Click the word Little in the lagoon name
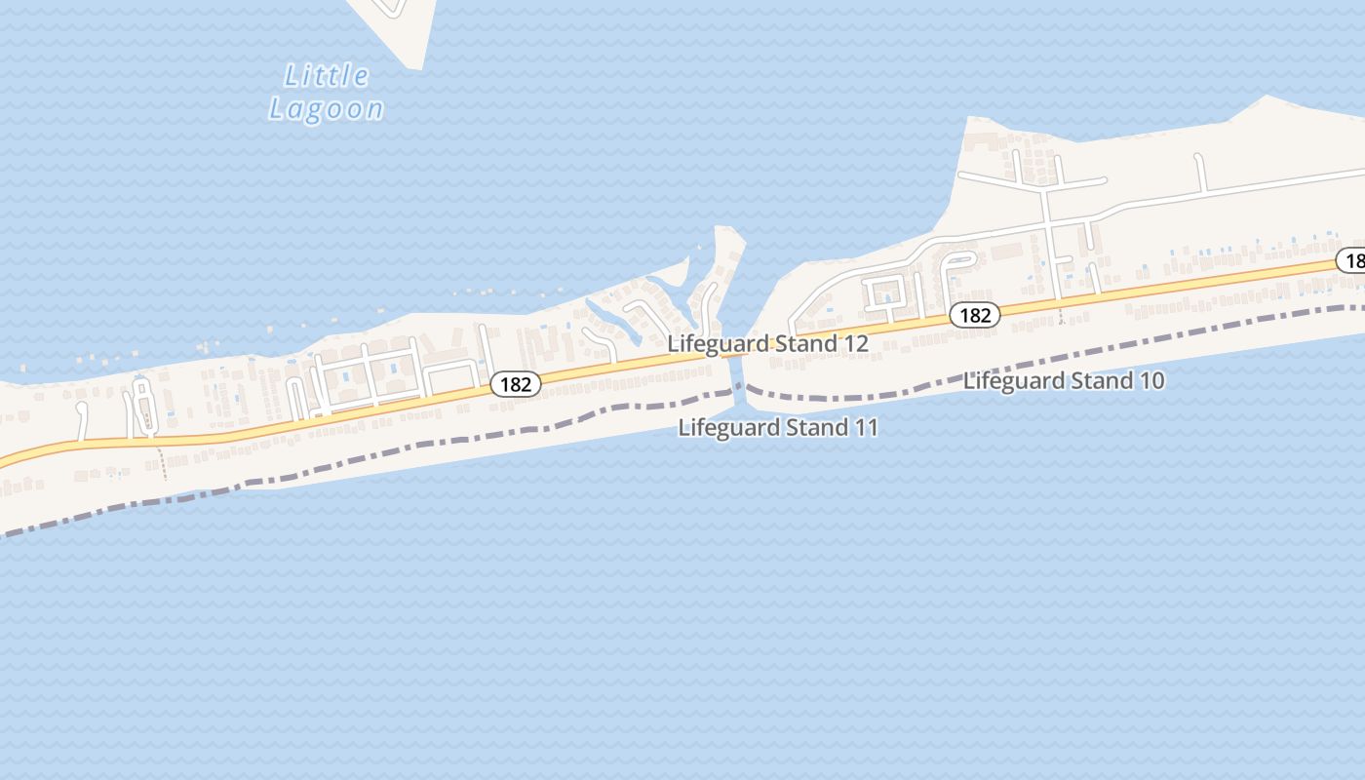click(327, 76)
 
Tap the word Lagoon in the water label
click(327, 109)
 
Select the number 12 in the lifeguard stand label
click(854, 344)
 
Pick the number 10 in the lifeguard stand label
click(1150, 381)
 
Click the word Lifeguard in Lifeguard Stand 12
click(717, 344)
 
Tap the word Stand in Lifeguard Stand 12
click(804, 344)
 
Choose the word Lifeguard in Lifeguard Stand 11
click(727, 428)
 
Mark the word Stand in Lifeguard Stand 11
click(815, 428)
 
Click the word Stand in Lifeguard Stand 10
click(1101, 381)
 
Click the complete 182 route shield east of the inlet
click(974, 315)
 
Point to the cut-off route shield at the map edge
click(1352, 260)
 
